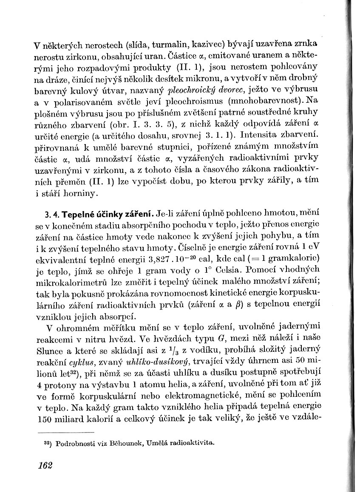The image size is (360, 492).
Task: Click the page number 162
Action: click(x=45, y=465)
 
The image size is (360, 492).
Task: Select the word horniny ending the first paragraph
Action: click(x=83, y=195)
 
